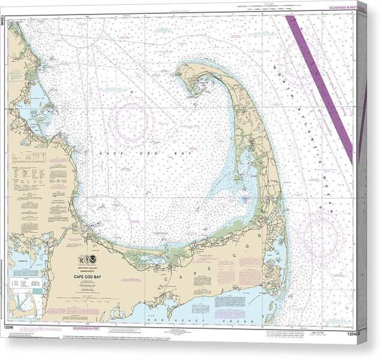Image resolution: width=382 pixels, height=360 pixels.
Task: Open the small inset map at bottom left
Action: coord(25,302)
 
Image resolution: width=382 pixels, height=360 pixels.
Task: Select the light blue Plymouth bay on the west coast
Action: coord(33,108)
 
